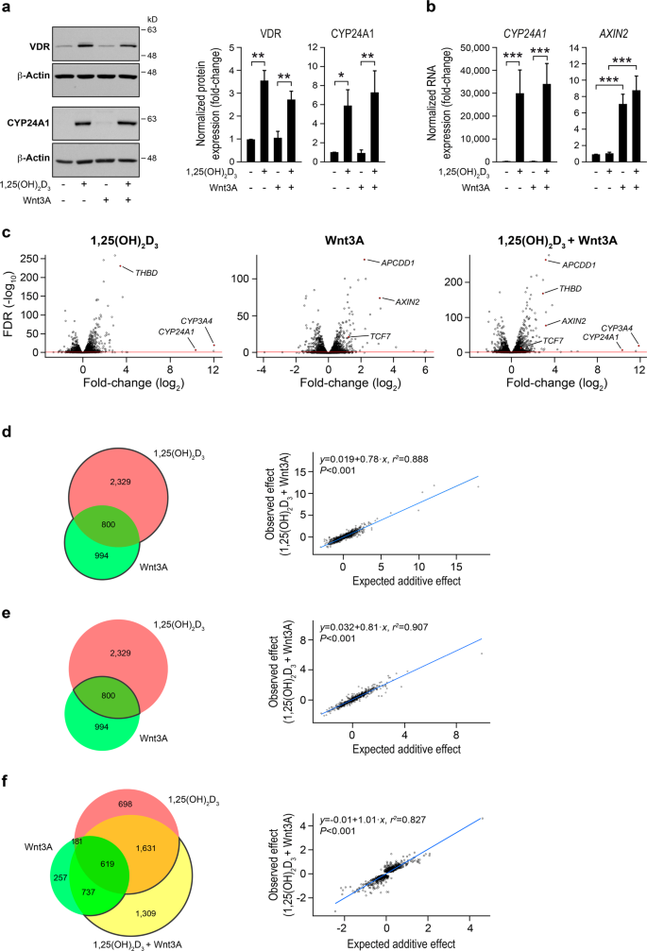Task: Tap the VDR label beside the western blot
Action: [40, 46]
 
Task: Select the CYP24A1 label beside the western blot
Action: [28, 123]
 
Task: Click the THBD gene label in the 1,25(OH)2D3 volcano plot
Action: [146, 273]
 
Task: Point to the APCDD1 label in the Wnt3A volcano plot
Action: [398, 263]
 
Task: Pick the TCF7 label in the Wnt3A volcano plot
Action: [381, 336]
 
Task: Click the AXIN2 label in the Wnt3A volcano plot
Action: [407, 302]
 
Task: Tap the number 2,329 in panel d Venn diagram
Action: [120, 482]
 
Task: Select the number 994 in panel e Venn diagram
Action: [102, 726]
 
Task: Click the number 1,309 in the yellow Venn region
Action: [145, 913]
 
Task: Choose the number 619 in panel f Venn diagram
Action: [108, 864]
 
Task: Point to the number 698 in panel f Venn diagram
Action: [125, 804]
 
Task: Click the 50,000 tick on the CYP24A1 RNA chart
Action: [475, 47]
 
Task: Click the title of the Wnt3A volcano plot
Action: [345, 241]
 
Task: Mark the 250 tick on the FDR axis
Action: [46, 259]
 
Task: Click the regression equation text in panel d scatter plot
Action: [373, 459]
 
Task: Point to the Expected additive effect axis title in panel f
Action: [400, 943]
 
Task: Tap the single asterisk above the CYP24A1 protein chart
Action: [341, 76]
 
